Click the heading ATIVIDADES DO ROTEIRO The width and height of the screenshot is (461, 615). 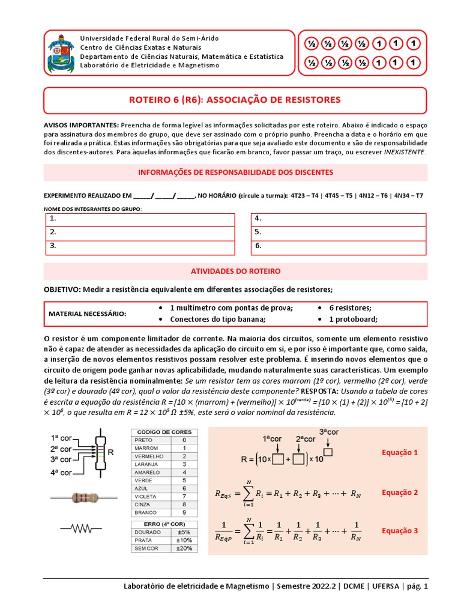(235, 271)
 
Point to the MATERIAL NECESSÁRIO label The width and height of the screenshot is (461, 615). (88, 314)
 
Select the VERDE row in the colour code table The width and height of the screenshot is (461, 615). (161, 480)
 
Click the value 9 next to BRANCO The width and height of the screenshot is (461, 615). (183, 513)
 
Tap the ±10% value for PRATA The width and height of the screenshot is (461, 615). (184, 540)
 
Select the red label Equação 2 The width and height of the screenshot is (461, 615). (400, 492)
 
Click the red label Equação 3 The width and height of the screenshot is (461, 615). (400, 530)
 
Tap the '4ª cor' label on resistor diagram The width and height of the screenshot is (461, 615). (61, 473)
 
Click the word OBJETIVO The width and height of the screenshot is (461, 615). (62, 289)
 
